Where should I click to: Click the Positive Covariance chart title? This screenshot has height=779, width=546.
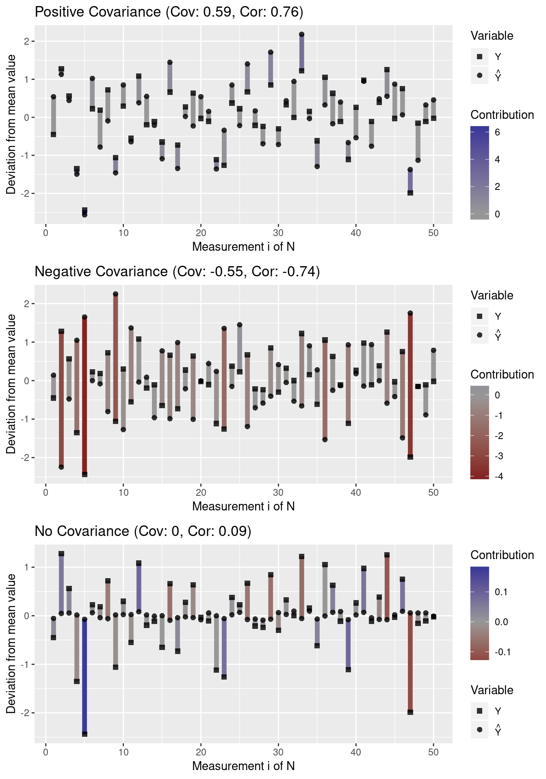tap(169, 12)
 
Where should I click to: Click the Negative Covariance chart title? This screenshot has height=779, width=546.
tap(177, 271)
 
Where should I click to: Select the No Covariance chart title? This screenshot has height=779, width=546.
tap(143, 531)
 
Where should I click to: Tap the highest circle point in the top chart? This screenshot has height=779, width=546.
tap(301, 34)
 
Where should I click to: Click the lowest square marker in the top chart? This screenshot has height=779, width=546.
tap(84, 210)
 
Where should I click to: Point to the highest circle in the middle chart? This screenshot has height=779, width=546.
tap(115, 294)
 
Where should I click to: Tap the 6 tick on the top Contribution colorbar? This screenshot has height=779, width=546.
tap(497, 132)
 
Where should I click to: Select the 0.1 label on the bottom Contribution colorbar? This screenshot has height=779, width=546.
tap(501, 592)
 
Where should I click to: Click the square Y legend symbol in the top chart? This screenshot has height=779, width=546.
tap(480, 57)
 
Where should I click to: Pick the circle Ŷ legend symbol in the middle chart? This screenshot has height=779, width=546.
tap(480, 335)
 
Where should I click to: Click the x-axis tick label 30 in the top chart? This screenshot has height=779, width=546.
tap(278, 233)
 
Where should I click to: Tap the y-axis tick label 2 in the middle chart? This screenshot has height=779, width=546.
tap(27, 304)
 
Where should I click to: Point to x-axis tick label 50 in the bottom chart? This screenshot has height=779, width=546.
tap(433, 752)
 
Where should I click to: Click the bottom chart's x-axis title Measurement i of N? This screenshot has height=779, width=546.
tap(243, 766)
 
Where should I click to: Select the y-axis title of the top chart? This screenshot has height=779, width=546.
tap(11, 124)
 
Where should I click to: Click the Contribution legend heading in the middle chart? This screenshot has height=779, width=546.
tap(502, 374)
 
